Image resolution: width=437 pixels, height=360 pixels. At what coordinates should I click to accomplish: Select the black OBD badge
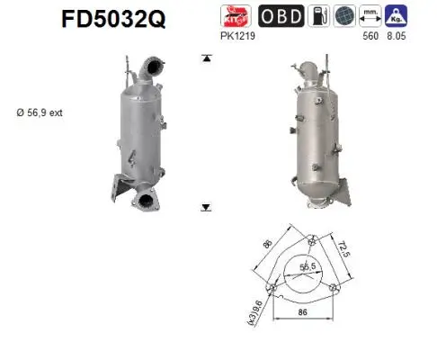[x=281, y=16]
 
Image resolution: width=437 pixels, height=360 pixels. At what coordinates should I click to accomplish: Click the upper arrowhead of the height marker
[x=206, y=58]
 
